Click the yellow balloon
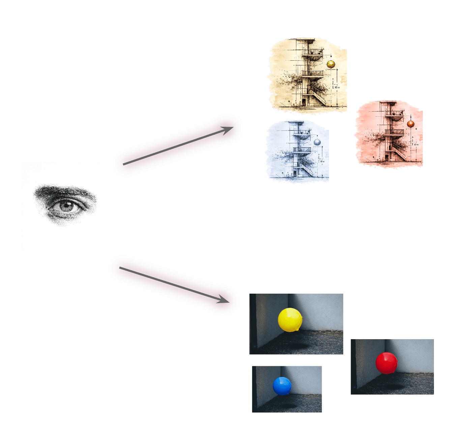[289, 319]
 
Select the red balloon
[386, 363]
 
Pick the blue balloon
[282, 386]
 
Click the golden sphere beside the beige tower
[331, 64]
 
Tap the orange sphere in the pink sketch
[410, 124]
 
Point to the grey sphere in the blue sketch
[317, 142]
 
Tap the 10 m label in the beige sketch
[337, 87]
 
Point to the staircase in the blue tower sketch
[307, 168]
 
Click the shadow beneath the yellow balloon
[298, 346]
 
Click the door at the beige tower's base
[304, 101]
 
